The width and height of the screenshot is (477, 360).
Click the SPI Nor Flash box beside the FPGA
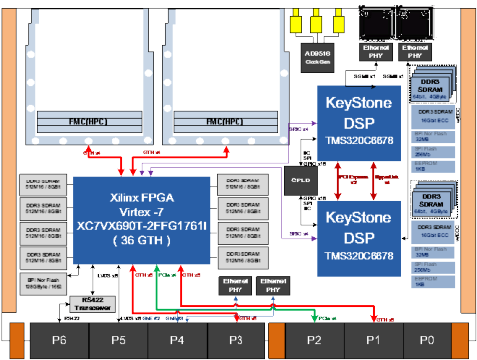[39, 282]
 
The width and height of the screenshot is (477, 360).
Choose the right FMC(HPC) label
[222, 121]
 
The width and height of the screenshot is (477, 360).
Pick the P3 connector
[236, 338]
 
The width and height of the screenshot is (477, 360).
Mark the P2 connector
[313, 338]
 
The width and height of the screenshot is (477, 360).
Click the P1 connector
[372, 338]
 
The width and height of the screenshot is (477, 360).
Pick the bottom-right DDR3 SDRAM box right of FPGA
[238, 258]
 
